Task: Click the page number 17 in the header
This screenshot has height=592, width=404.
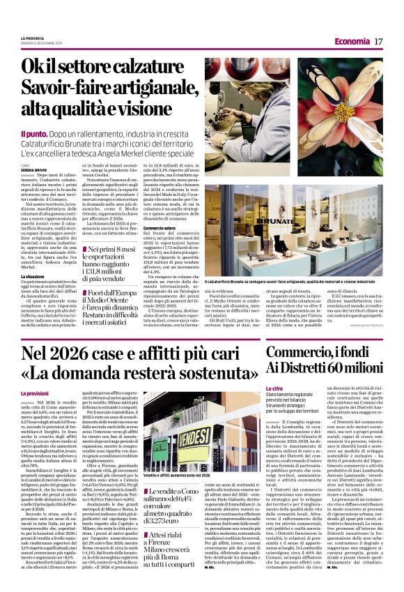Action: coord(378,42)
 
